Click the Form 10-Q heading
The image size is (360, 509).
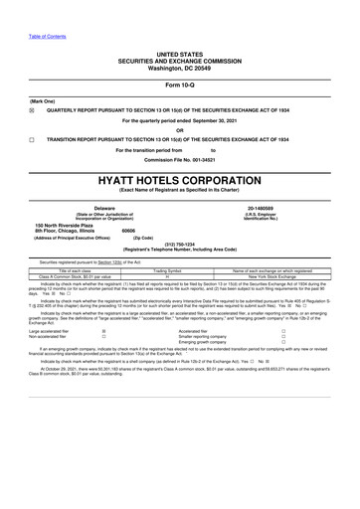tap(179, 84)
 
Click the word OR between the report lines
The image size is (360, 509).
tap(179, 130)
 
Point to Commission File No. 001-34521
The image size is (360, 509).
tap(179, 159)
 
